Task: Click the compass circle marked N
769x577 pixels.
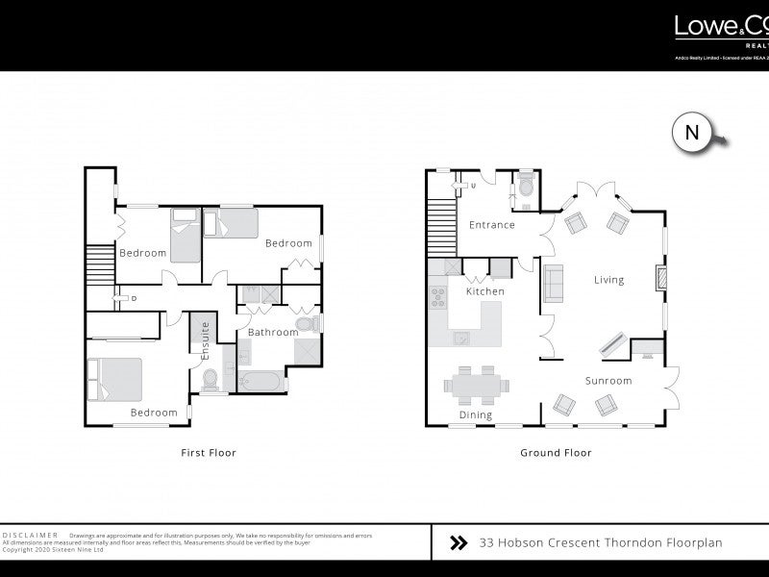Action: [x=691, y=134]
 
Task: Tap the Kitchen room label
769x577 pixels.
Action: [x=485, y=291]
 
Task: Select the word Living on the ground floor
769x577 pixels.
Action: [x=608, y=280]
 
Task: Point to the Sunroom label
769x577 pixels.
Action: [x=608, y=381]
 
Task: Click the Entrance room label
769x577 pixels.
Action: [x=491, y=225]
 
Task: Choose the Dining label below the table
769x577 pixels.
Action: [x=476, y=415]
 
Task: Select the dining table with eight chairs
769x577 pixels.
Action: [x=476, y=385]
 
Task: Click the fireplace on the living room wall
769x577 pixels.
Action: [x=659, y=278]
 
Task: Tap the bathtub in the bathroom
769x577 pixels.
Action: [x=261, y=383]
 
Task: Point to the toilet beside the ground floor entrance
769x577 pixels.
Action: [x=526, y=183]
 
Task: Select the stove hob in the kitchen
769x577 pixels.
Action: [x=439, y=299]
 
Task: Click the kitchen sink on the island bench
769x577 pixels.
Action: [x=462, y=337]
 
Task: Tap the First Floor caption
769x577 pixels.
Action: [x=209, y=452]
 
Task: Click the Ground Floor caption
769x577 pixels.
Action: [x=556, y=452]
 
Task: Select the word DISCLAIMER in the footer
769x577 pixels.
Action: [x=31, y=535]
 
